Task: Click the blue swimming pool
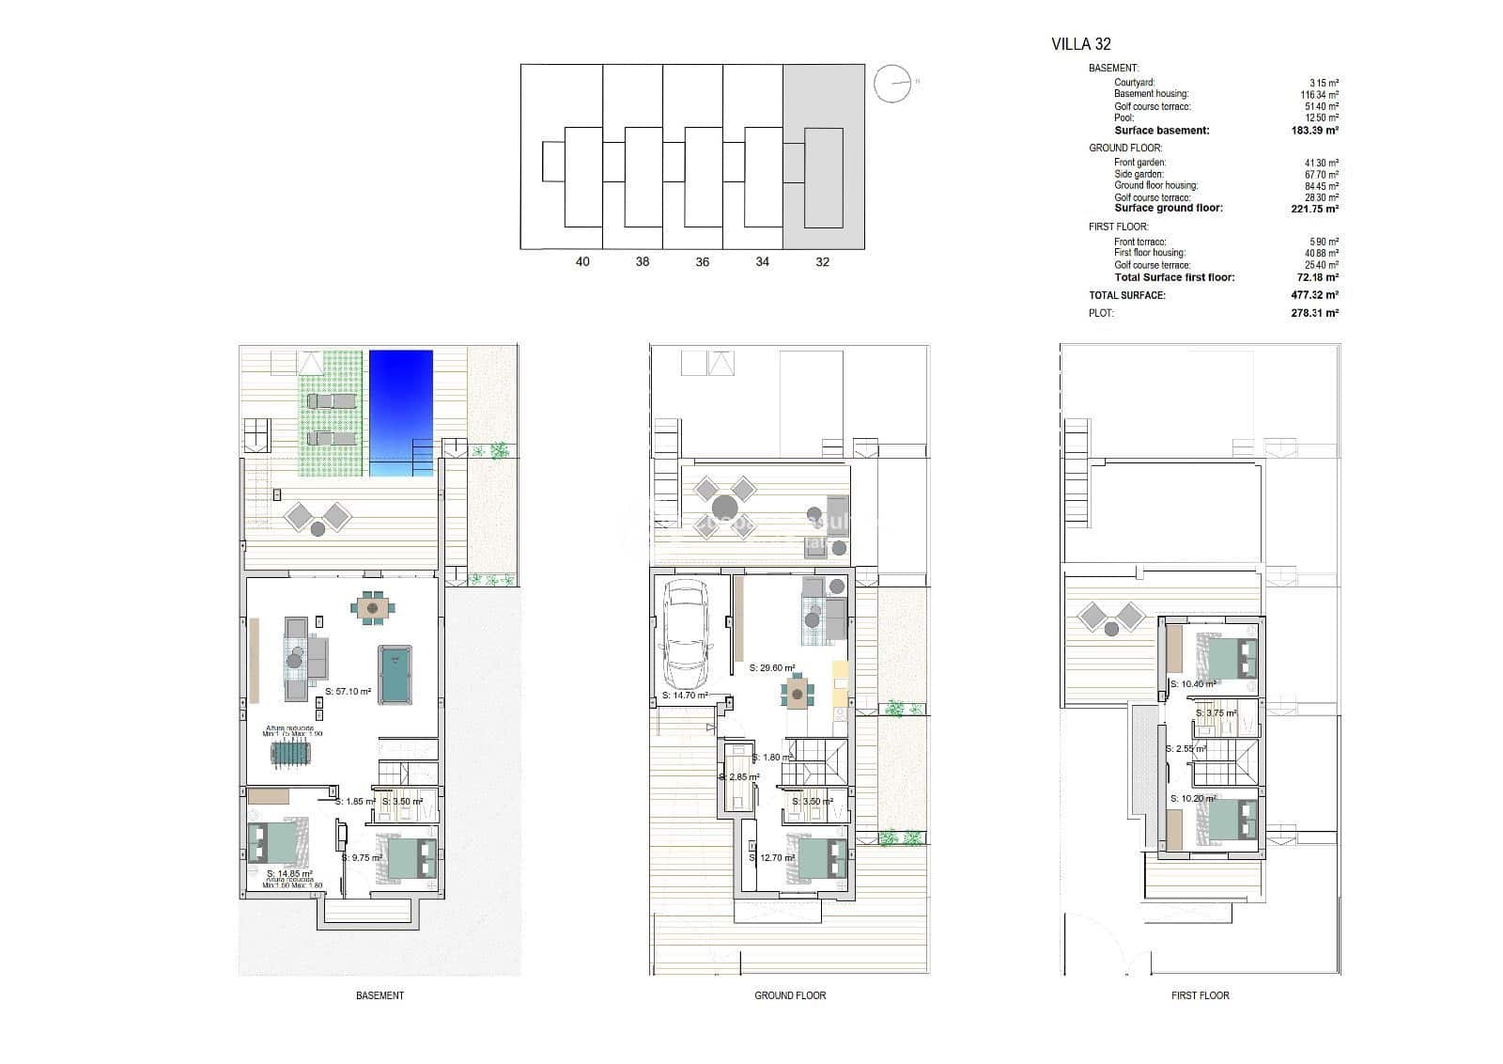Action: click(401, 412)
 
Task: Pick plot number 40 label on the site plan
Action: click(582, 262)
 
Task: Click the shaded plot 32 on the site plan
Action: click(824, 157)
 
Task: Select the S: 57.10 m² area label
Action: click(348, 692)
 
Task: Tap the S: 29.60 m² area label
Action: click(772, 668)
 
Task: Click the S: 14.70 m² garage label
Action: click(685, 696)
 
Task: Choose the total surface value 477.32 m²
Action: click(1314, 295)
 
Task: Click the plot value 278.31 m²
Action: click(1314, 313)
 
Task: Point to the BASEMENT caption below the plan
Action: click(380, 995)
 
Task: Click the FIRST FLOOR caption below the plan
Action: click(1200, 995)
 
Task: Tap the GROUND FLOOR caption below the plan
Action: click(790, 995)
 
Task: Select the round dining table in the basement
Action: click(373, 609)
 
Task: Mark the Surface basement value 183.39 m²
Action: click(1314, 131)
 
